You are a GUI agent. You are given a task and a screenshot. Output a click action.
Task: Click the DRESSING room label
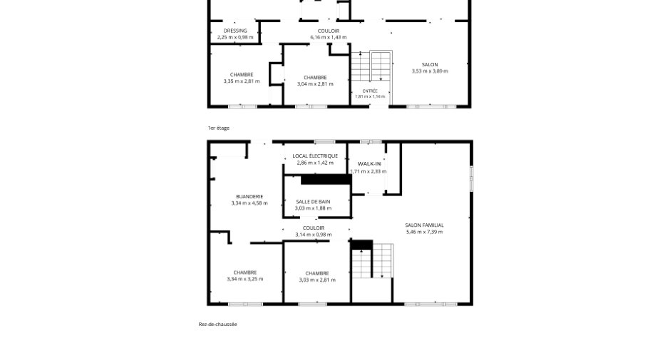[235, 31]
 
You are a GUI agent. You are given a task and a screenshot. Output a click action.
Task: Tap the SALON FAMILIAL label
[424, 225]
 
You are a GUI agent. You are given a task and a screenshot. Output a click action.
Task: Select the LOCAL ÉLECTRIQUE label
[315, 156]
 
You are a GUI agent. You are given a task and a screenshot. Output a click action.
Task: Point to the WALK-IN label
[369, 164]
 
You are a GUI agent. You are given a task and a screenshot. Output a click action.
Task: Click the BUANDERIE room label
[249, 197]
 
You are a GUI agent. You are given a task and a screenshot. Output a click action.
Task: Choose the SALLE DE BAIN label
[313, 201]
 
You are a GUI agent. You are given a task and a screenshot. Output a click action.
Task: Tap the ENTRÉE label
[370, 91]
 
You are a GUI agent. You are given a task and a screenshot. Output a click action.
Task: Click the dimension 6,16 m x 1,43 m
[329, 37]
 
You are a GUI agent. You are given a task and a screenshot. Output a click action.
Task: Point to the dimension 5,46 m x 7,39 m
[424, 232]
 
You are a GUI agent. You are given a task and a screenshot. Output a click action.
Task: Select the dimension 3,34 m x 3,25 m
[245, 279]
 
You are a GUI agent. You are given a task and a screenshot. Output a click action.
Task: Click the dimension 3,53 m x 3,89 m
[430, 71]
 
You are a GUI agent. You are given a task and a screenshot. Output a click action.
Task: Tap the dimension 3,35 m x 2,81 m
[242, 81]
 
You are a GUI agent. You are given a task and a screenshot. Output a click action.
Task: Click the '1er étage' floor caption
[219, 128]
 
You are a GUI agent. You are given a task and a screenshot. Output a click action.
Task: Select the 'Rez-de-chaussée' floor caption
[217, 324]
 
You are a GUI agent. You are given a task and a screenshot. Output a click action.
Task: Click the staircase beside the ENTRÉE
[371, 66]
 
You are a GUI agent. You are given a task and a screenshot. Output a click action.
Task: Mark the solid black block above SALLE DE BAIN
[326, 179]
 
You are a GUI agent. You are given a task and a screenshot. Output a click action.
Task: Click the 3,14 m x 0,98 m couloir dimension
[313, 235]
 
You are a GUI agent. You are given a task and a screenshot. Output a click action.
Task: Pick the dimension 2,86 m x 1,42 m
[315, 163]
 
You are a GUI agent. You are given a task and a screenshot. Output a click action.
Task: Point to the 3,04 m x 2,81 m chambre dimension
[315, 84]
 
